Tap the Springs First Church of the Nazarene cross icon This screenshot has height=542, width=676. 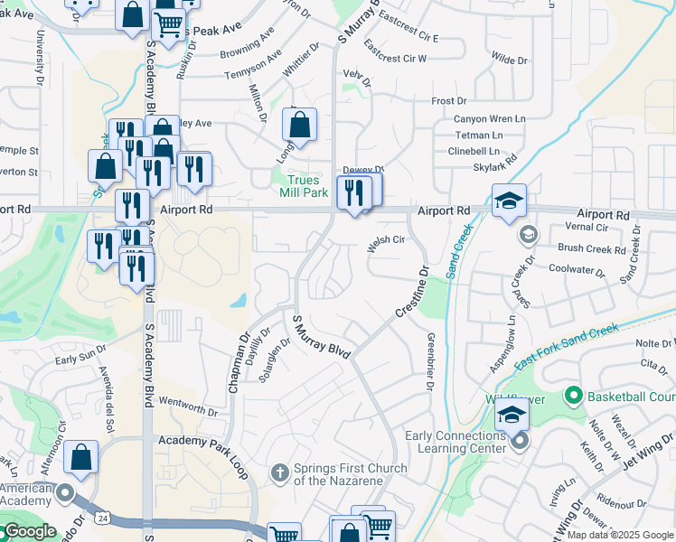tap(280, 472)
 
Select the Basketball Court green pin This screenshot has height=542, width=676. tap(572, 396)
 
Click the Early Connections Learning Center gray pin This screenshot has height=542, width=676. tap(519, 442)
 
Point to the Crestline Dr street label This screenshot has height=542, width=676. tap(409, 292)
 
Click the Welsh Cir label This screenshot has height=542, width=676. tap(384, 240)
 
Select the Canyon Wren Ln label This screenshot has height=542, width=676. tap(489, 119)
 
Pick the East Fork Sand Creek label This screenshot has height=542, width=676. tap(568, 346)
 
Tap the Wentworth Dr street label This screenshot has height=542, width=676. tap(187, 410)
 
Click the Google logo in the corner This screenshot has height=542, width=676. tap(30, 531)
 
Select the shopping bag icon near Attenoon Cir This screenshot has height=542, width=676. tap(81, 458)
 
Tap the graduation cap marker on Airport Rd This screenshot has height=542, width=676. tap(509, 201)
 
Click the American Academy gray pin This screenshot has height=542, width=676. tap(65, 493)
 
